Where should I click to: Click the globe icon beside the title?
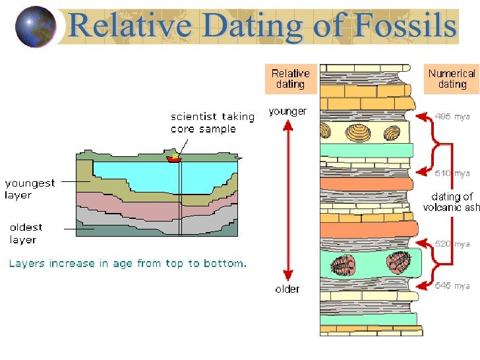[x=35, y=26]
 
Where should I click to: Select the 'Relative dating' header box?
[x=290, y=79]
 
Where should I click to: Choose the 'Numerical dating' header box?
[x=452, y=79]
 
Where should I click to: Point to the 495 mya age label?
[x=452, y=117]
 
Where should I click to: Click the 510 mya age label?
[x=452, y=173]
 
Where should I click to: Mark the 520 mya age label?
[x=452, y=244]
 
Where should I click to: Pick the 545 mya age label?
[x=452, y=285]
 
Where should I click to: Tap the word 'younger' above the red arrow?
[x=287, y=111]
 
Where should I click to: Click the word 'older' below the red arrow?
[x=287, y=289]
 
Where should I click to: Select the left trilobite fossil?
[x=345, y=264]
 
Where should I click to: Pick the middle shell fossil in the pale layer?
[x=359, y=133]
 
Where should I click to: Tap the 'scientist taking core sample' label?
[x=212, y=123]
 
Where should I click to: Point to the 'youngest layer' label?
[x=30, y=189]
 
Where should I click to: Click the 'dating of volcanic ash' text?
[x=452, y=202]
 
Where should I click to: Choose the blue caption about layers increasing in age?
[x=127, y=264]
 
